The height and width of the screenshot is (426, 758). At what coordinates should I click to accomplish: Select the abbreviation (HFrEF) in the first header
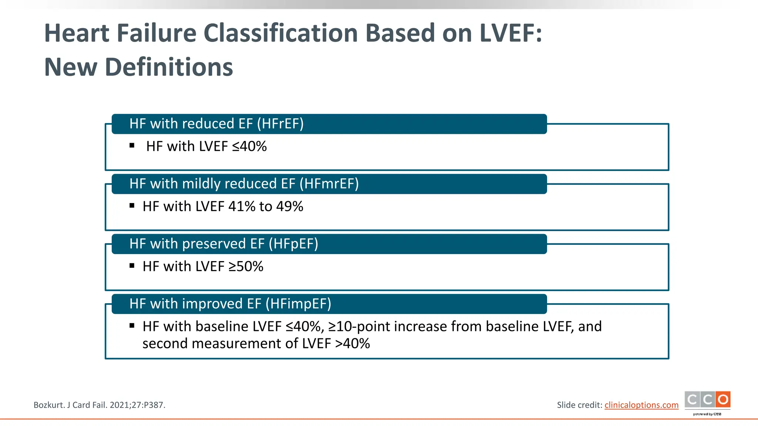point(280,124)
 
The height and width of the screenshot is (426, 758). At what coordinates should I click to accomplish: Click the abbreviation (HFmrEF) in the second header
point(329,184)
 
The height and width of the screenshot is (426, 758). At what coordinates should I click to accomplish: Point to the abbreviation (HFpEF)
point(293,244)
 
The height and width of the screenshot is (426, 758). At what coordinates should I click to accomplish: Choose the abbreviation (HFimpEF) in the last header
point(298,304)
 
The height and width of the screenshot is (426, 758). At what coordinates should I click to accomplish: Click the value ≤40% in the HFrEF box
point(249,146)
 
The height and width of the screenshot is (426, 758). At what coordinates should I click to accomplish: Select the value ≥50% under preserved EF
point(246,267)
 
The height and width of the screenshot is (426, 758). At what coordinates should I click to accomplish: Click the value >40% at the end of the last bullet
point(352,344)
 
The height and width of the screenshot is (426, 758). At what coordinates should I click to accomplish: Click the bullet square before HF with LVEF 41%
point(132,206)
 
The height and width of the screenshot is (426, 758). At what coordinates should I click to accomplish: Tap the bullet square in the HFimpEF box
point(132,326)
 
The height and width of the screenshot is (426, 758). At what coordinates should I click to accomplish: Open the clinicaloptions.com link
point(641,405)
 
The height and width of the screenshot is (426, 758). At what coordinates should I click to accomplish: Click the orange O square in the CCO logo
point(723,400)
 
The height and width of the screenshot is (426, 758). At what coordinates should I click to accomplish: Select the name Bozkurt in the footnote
point(48,405)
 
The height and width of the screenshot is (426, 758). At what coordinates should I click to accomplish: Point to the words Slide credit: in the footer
point(580,405)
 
